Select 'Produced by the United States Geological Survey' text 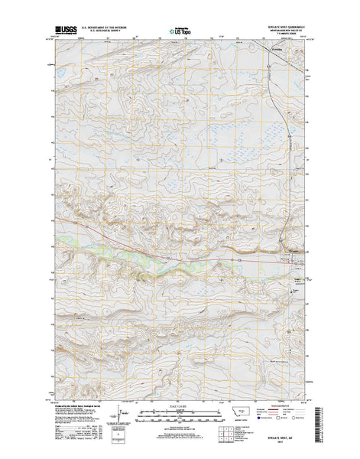[x=76, y=406]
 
